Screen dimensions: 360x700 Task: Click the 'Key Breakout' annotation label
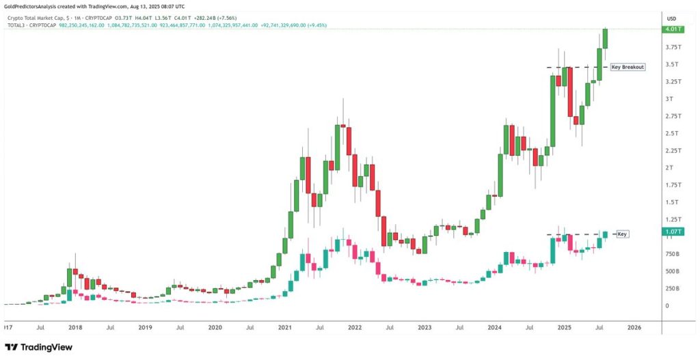628,67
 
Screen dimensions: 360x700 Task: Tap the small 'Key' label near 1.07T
622,234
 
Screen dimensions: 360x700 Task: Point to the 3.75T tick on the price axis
672,47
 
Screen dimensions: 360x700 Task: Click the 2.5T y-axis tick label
672,133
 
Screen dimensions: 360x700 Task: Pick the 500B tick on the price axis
672,271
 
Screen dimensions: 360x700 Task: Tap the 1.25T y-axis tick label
672,219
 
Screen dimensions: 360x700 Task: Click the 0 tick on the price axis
668,305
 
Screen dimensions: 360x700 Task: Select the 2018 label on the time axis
75,328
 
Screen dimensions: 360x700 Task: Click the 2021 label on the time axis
285,328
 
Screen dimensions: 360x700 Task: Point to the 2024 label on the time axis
495,328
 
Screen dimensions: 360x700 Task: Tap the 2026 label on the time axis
634,328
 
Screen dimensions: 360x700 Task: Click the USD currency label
671,18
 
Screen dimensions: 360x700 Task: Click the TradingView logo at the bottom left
39,347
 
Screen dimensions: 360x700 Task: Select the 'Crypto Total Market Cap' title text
35,18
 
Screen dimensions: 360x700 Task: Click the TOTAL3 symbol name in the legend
16,25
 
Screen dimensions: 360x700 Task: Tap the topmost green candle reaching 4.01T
605,39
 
